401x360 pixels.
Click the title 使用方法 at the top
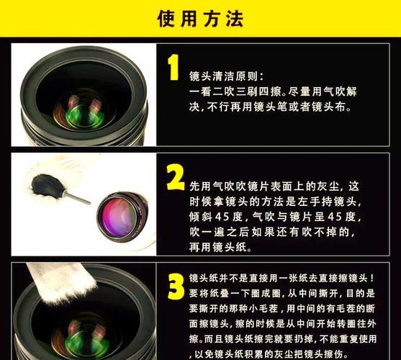click(x=200, y=18)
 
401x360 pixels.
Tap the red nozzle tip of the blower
click(x=87, y=203)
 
